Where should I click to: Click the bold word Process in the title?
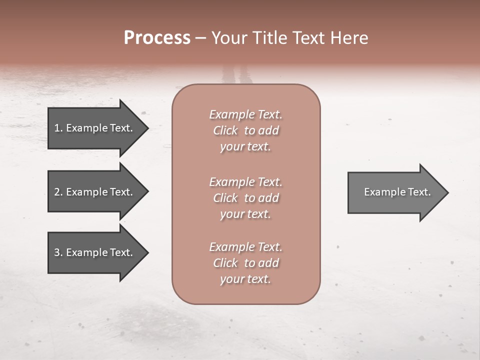[157, 38]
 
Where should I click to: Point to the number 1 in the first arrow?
[57, 128]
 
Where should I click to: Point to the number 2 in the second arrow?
[57, 192]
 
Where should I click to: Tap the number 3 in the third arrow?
[57, 252]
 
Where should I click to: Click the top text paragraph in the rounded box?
[245, 130]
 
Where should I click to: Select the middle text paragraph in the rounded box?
[245, 198]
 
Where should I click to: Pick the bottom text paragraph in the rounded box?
[245, 263]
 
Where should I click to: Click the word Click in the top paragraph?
[225, 130]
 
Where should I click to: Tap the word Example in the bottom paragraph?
[231, 247]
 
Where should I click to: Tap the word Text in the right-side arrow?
[419, 192]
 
